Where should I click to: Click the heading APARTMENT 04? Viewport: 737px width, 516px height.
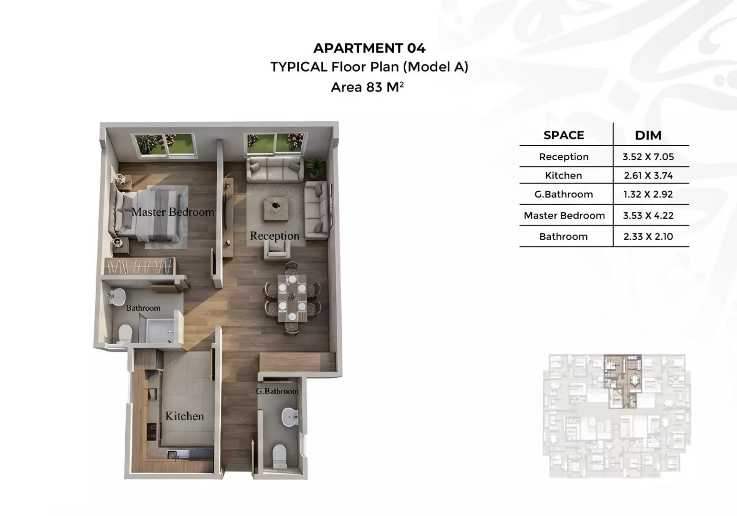(x=369, y=48)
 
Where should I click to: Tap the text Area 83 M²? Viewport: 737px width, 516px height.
(x=367, y=87)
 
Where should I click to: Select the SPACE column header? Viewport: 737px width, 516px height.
(x=563, y=135)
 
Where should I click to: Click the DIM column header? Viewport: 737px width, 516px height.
(x=648, y=136)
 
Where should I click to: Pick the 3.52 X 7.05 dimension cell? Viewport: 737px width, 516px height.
(x=648, y=157)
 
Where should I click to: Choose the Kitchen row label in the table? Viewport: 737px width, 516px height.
(x=563, y=176)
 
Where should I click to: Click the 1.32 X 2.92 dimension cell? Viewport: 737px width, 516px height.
(x=648, y=194)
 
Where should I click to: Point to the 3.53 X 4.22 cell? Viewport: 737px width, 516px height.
(x=648, y=216)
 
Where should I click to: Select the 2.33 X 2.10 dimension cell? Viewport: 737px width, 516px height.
(x=648, y=236)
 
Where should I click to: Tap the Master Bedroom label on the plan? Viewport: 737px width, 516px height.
(x=173, y=212)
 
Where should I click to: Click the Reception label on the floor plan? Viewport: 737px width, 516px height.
(x=274, y=236)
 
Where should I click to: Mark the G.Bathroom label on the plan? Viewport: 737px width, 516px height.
(x=277, y=391)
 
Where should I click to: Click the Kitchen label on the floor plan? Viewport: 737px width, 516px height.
(x=185, y=416)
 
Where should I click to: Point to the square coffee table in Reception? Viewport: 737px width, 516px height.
(x=276, y=209)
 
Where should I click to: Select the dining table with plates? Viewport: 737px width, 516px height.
(x=292, y=298)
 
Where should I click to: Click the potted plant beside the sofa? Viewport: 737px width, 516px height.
(x=315, y=167)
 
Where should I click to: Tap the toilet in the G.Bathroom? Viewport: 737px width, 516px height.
(x=280, y=456)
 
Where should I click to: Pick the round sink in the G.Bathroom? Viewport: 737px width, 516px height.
(x=290, y=417)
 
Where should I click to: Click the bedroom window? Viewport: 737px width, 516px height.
(x=164, y=145)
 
